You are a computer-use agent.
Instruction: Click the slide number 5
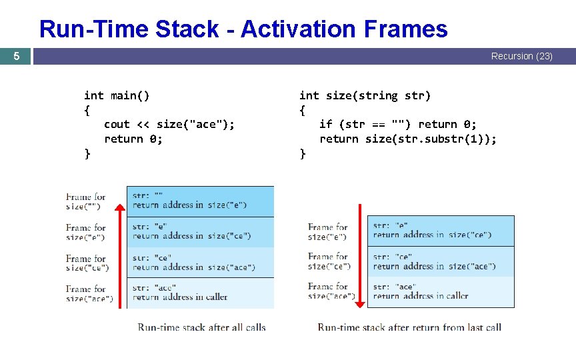tap(17, 57)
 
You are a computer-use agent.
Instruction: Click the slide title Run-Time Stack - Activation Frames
tap(243, 29)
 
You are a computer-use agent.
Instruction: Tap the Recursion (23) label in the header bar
tap(521, 57)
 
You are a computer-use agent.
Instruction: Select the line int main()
tap(117, 95)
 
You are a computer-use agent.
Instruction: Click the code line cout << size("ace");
tap(169, 124)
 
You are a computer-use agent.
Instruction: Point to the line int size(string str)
tap(365, 95)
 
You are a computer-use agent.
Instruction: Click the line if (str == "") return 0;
tap(397, 124)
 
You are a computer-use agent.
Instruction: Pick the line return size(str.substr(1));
tap(408, 139)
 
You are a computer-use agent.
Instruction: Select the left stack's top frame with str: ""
tap(200, 201)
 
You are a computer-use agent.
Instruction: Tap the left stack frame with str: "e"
tap(200, 231)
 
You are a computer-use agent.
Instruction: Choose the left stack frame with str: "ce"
tap(200, 262)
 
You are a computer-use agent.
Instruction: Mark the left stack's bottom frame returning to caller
tap(200, 293)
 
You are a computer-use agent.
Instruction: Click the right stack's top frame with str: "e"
tap(441, 230)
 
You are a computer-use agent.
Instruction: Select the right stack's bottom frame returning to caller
tap(441, 291)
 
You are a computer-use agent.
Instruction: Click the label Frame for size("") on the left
tap(86, 201)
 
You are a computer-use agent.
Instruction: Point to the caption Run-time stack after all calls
tap(201, 327)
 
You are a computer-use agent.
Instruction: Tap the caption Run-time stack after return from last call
tap(409, 327)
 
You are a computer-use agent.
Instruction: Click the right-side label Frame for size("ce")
tap(329, 261)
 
